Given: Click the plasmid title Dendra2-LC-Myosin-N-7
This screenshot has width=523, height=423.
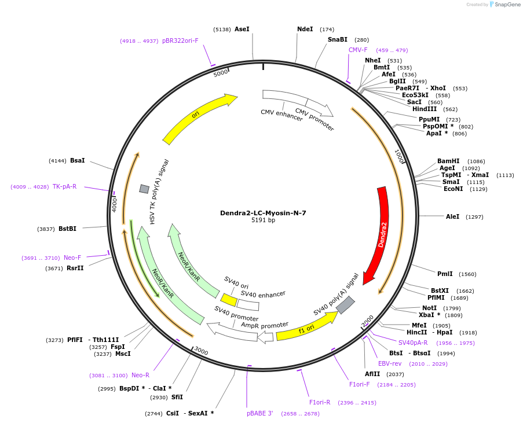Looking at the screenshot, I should [x=263, y=213].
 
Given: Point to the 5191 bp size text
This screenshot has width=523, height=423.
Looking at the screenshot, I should [x=263, y=220].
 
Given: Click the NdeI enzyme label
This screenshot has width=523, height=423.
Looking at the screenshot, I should [x=305, y=29].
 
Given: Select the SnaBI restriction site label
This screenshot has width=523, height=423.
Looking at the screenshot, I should [x=338, y=39].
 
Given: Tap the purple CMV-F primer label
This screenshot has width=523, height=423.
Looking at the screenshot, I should [x=358, y=50].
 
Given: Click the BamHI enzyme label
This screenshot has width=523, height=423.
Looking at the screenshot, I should [x=448, y=161].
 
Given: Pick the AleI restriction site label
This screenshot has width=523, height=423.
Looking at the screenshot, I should [x=452, y=216].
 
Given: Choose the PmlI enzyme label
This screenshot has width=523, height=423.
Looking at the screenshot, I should [x=445, y=274].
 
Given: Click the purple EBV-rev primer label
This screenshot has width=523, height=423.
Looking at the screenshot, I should [x=390, y=363].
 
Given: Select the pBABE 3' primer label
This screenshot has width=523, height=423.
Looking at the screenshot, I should [x=259, y=414].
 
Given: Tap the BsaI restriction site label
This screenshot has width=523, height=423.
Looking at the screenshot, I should [x=77, y=160].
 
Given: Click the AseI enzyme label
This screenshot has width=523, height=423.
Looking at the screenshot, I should [x=242, y=29].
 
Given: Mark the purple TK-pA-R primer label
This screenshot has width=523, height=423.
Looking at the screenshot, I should [x=64, y=186].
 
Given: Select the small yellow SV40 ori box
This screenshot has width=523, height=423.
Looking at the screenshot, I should [x=229, y=300].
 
